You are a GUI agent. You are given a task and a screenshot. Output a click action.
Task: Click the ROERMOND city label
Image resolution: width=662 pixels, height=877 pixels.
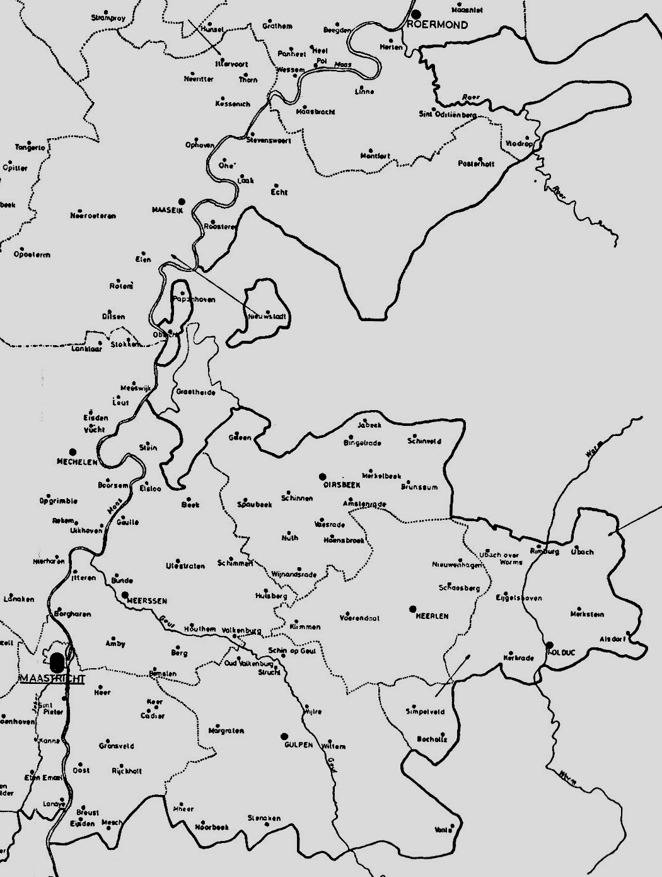tap(438, 25)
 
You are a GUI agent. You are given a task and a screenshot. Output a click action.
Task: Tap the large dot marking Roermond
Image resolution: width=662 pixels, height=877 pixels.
tap(416, 14)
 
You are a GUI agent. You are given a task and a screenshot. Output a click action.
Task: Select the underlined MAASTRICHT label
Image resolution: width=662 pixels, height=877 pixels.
tap(53, 678)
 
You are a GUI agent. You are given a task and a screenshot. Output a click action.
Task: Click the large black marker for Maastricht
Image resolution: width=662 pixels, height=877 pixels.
tap(57, 662)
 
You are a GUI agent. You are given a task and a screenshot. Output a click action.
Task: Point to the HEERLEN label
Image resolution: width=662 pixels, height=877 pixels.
tap(433, 616)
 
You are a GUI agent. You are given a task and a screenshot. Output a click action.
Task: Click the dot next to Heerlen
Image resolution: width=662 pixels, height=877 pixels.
tap(413, 609)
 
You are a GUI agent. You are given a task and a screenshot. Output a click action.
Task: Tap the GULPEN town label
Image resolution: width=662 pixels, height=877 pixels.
tap(298, 745)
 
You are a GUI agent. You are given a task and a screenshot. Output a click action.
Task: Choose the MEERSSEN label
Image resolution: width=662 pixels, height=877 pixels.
tap(147, 601)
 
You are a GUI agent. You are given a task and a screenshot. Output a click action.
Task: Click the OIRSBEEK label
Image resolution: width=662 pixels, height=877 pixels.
tap(342, 485)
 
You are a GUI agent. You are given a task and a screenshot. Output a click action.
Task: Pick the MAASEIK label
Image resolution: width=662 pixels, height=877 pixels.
tap(168, 210)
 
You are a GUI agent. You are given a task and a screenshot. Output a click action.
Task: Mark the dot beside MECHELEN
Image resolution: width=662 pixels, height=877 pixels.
tap(73, 452)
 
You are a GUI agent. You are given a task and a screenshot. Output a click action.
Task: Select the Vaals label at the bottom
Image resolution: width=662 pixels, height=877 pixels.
tap(443, 830)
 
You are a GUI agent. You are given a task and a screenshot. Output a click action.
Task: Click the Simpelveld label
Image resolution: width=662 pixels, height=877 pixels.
tap(425, 712)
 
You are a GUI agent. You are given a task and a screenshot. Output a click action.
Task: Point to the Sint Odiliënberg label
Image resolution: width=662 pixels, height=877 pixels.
tap(448, 114)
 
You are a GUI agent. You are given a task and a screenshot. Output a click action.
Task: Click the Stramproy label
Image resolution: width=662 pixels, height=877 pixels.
tap(108, 18)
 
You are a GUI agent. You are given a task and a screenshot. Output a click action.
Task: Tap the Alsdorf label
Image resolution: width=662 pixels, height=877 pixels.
tap(613, 639)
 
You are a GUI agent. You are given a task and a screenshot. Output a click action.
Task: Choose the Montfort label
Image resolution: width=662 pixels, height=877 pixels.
tap(375, 156)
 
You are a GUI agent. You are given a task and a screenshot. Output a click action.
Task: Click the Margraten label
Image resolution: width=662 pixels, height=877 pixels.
tap(226, 731)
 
